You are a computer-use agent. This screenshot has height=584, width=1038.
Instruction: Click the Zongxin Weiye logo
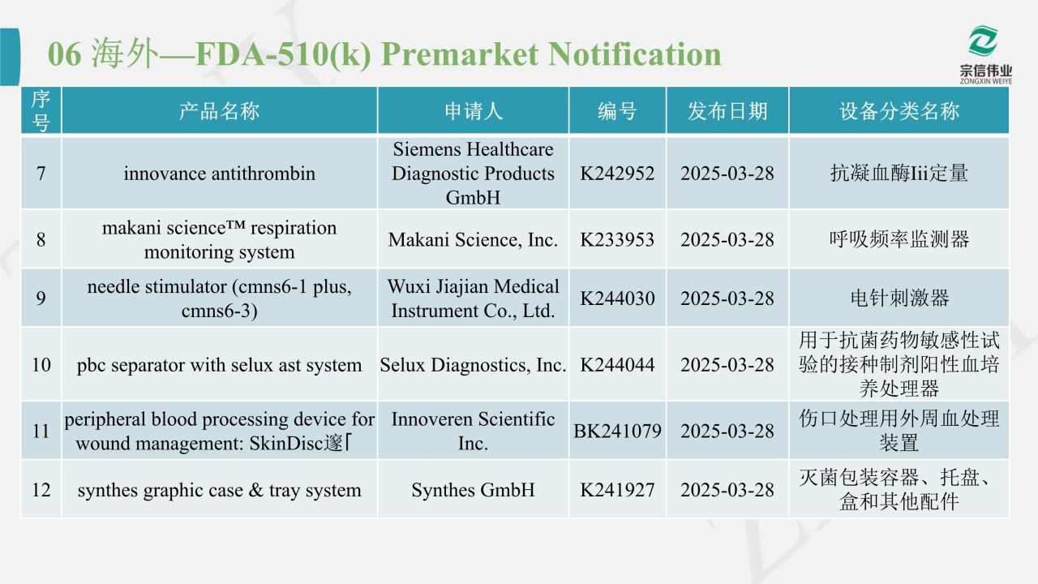pyautogui.click(x=985, y=54)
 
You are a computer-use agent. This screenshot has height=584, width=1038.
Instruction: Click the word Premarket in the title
pyautogui.click(x=460, y=54)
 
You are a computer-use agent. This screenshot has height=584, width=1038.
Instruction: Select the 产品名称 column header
pyautogui.click(x=219, y=111)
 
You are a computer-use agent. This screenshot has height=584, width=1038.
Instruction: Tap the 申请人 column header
pyautogui.click(x=473, y=111)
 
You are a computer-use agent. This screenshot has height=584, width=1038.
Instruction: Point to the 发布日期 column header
pyautogui.click(x=727, y=111)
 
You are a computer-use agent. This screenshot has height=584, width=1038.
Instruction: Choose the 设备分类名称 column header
pyautogui.click(x=899, y=111)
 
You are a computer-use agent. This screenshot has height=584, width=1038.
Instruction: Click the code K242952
pyautogui.click(x=617, y=174)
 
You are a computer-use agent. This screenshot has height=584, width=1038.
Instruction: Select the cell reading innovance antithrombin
pyautogui.click(x=219, y=174)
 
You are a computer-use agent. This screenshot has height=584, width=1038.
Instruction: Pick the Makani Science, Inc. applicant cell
pyautogui.click(x=473, y=239)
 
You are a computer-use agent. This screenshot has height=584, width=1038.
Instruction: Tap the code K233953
pyautogui.click(x=617, y=239)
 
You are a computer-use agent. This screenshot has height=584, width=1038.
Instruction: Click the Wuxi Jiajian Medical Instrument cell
pyautogui.click(x=473, y=298)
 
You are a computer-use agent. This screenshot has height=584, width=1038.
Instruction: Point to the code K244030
pyautogui.click(x=617, y=298)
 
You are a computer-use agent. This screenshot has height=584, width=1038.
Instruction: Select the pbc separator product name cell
pyautogui.click(x=219, y=365)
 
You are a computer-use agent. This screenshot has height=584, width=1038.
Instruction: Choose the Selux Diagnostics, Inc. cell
pyautogui.click(x=473, y=365)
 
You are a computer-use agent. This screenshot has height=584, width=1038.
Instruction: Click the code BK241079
pyautogui.click(x=617, y=431)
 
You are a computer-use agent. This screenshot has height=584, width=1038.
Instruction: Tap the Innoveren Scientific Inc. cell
pyautogui.click(x=473, y=431)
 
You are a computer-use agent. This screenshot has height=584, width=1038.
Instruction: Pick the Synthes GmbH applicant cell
pyautogui.click(x=473, y=490)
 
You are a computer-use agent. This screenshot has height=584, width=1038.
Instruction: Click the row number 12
pyautogui.click(x=41, y=490)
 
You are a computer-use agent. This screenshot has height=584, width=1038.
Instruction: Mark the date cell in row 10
pyautogui.click(x=727, y=365)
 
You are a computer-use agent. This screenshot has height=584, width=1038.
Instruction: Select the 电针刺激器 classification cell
pyautogui.click(x=899, y=298)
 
